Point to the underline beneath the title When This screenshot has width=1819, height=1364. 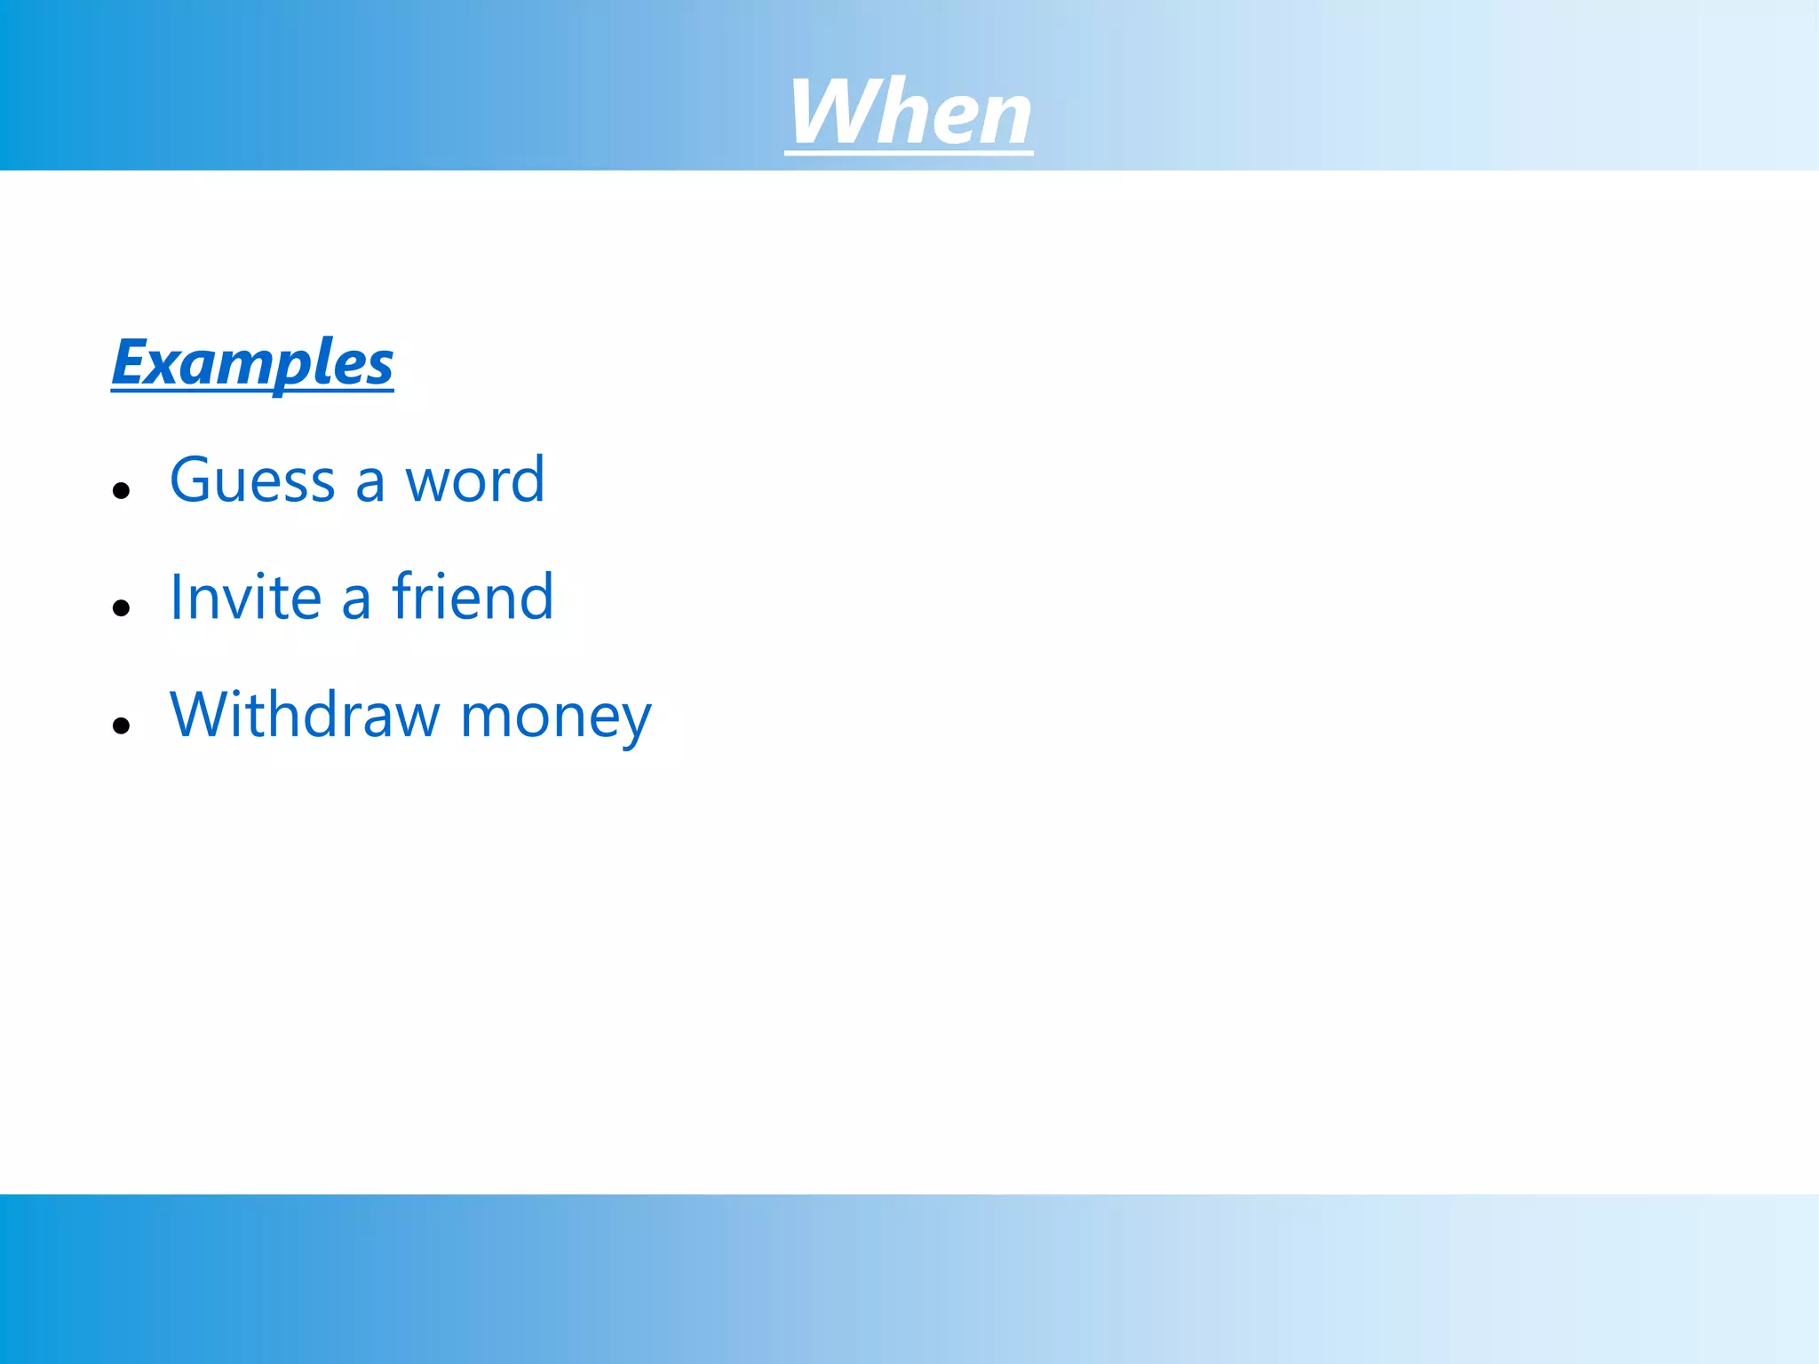tap(909, 154)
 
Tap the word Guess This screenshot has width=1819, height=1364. tap(252, 480)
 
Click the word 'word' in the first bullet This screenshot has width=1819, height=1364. tap(474, 480)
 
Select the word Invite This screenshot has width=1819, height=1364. tap(245, 597)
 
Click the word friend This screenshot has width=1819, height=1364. tap(473, 597)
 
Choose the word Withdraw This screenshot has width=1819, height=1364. tap(305, 715)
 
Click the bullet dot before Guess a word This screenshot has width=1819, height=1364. tap(122, 490)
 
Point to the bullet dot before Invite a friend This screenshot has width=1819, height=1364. tap(122, 608)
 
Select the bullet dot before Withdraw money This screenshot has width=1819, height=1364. tap(122, 726)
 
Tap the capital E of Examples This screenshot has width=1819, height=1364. tap(130, 362)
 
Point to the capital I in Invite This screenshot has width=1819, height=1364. tap(176, 597)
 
